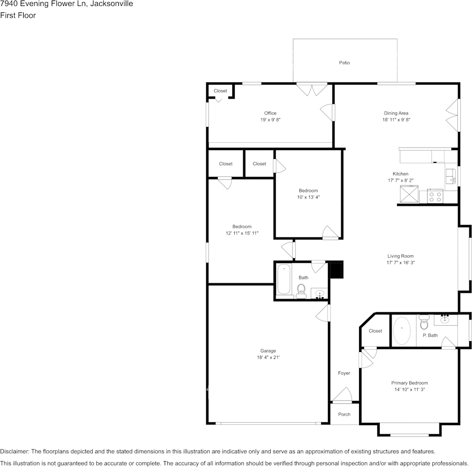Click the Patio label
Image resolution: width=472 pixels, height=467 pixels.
point(344,63)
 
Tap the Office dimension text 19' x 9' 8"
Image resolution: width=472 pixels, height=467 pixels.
point(270,120)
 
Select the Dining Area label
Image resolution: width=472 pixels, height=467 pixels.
point(396,113)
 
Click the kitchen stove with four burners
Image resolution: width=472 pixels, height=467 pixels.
point(435,196)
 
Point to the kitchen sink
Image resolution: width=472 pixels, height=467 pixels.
point(451,176)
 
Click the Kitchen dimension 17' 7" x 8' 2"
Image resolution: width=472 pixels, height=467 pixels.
point(400,181)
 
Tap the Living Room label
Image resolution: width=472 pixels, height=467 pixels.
point(400,256)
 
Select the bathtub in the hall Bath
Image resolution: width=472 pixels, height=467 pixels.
point(284,280)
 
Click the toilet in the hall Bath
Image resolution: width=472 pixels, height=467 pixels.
point(301,292)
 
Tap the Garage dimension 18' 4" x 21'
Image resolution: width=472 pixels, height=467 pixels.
point(268,358)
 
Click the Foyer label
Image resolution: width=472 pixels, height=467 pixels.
point(344,373)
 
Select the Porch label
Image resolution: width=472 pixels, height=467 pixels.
point(344,414)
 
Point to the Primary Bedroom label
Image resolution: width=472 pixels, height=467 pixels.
point(409,383)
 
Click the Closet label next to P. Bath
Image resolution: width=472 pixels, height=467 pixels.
point(375,331)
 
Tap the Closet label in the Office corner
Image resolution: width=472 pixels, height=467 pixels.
point(220,91)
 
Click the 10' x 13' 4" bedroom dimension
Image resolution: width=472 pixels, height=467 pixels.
point(308,197)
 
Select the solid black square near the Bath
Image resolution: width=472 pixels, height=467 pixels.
point(336,270)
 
